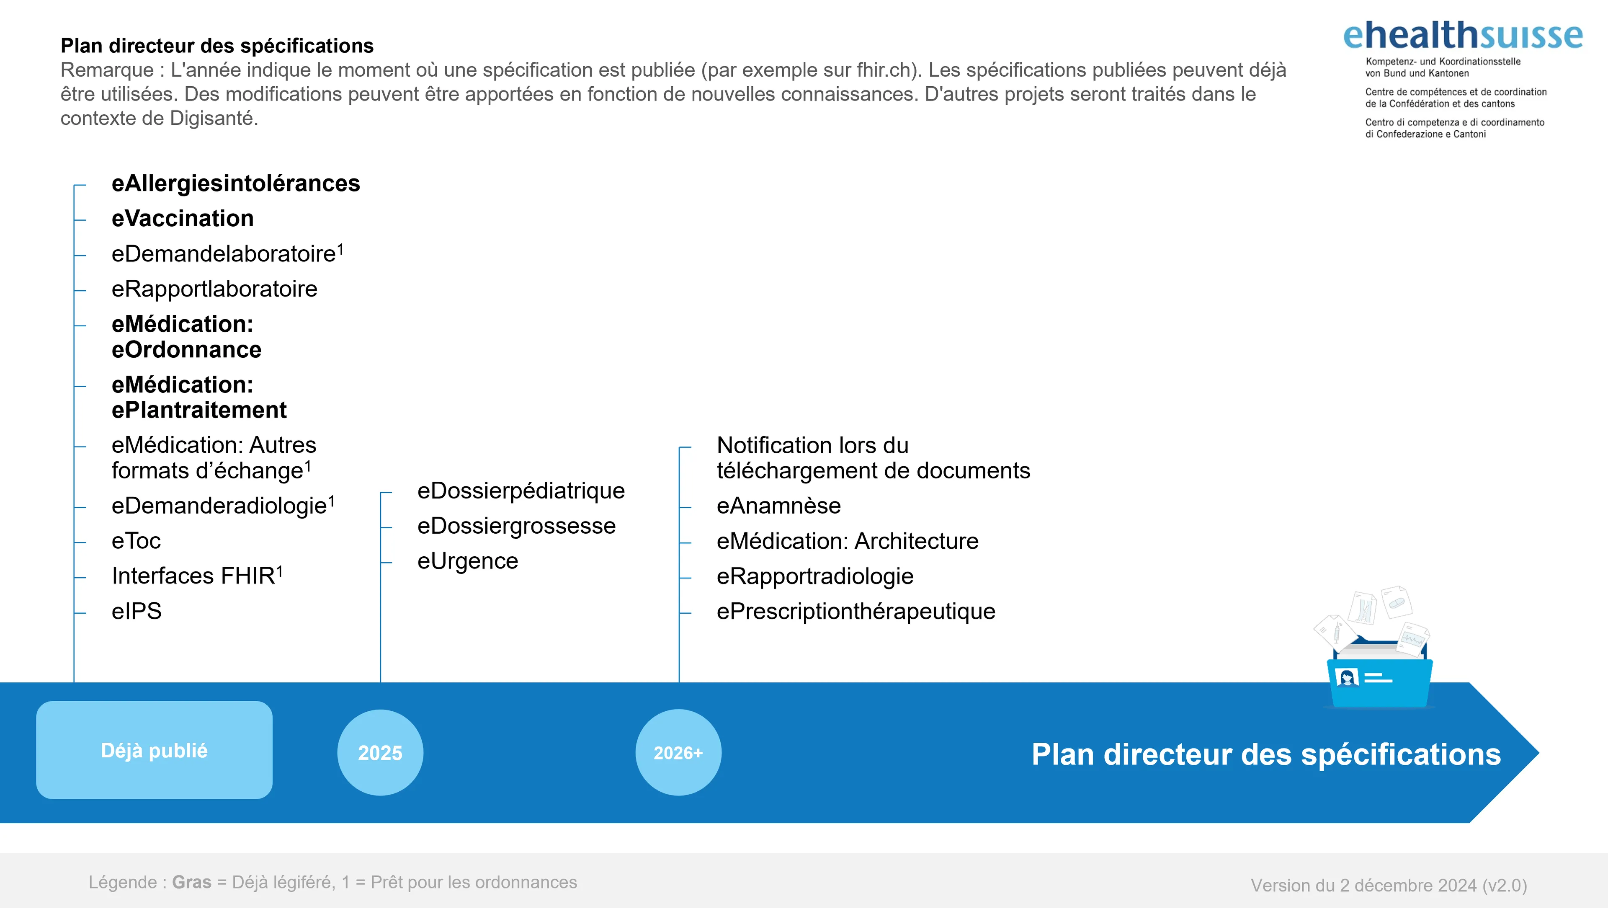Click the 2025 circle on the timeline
(x=380, y=752)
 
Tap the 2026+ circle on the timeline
(x=678, y=752)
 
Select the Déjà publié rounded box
(x=154, y=750)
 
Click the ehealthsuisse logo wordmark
(x=1463, y=36)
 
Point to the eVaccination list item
(x=182, y=219)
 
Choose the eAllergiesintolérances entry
(x=235, y=183)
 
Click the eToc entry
(x=136, y=541)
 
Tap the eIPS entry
(x=136, y=611)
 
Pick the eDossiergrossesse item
(x=516, y=526)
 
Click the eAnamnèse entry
(x=778, y=506)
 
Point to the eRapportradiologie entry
(x=814, y=576)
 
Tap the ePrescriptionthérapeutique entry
(x=856, y=611)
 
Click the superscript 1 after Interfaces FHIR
(x=280, y=570)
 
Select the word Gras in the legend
(x=192, y=882)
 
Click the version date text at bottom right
(x=1388, y=885)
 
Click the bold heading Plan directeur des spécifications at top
(x=216, y=46)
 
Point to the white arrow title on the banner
(x=1266, y=754)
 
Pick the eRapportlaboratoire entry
(x=214, y=289)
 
